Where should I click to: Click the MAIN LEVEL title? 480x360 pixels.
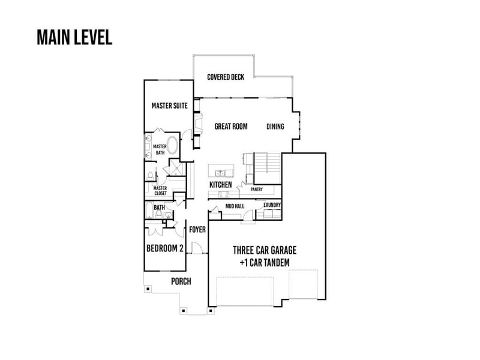tap(74, 37)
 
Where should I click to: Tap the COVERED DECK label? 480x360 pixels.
tap(225, 77)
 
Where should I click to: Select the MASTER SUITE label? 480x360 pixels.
tap(170, 106)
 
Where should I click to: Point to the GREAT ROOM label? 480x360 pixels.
tap(231, 127)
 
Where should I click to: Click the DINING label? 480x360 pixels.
tap(275, 127)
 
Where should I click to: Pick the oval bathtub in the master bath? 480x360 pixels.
tap(172, 146)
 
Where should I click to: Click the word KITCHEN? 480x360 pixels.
tap(220, 184)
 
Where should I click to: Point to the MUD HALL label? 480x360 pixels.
tap(233, 206)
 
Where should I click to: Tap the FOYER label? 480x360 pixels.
tap(197, 229)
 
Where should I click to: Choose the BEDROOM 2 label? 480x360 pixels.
tap(164, 248)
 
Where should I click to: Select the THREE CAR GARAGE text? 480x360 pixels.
tap(265, 250)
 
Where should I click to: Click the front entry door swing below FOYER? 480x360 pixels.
tap(196, 247)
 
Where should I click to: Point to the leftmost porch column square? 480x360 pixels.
tap(148, 289)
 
